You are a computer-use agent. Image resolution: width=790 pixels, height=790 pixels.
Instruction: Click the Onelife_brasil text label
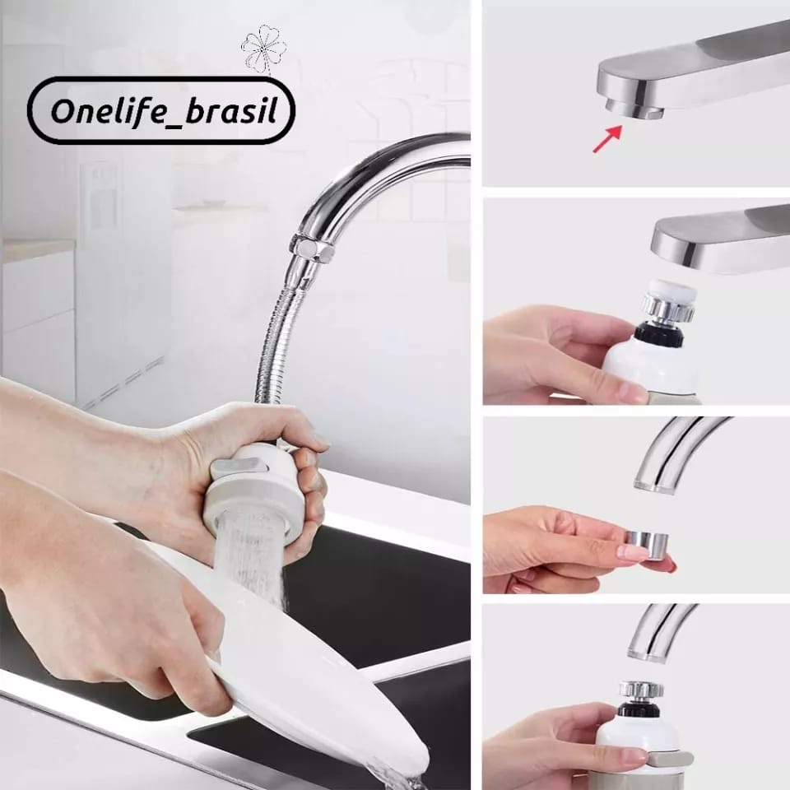(164, 111)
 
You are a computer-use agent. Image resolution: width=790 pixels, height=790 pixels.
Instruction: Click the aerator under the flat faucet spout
(634, 109)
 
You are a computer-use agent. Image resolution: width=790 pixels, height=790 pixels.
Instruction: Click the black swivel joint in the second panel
(658, 334)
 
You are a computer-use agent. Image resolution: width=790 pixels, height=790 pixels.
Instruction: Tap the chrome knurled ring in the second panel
(668, 307)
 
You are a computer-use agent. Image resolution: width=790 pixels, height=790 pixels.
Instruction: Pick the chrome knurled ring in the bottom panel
(640, 688)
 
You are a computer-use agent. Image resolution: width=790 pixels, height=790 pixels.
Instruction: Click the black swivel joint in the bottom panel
(639, 708)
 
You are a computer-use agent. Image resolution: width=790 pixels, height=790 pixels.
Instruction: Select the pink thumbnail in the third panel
(631, 551)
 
